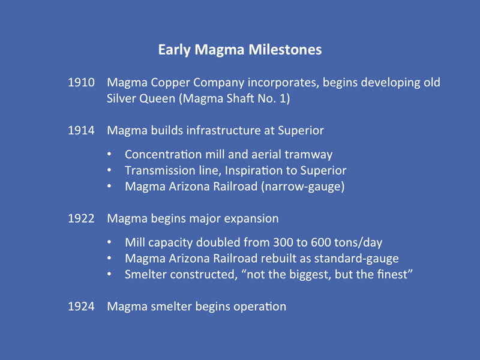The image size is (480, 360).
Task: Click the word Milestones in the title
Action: tap(285, 50)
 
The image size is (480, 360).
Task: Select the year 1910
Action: tap(81, 82)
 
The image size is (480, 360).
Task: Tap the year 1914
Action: tap(81, 130)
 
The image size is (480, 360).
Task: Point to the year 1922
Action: tap(81, 218)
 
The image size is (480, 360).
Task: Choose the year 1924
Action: tap(81, 307)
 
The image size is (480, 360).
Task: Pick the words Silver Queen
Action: tap(141, 98)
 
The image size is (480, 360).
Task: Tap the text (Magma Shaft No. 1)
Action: tap(235, 98)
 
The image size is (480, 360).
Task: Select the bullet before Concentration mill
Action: tap(109, 154)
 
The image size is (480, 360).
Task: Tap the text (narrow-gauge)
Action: tap(303, 187)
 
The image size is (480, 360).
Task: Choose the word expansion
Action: tap(251, 219)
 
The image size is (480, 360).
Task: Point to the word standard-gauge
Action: tap(356, 259)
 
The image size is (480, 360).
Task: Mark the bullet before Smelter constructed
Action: tap(109, 274)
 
